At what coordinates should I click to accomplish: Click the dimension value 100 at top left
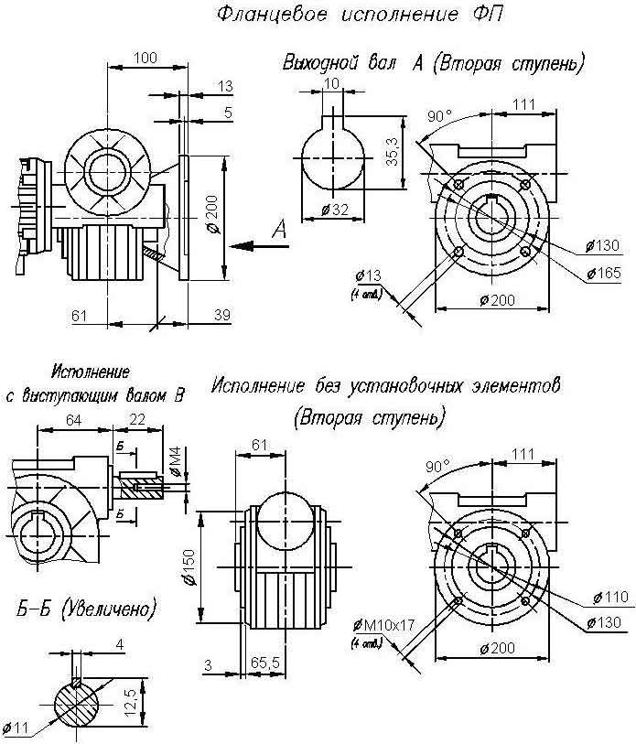point(144,57)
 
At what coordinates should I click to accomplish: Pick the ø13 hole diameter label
point(371,276)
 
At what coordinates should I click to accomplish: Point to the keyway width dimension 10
point(330,85)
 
